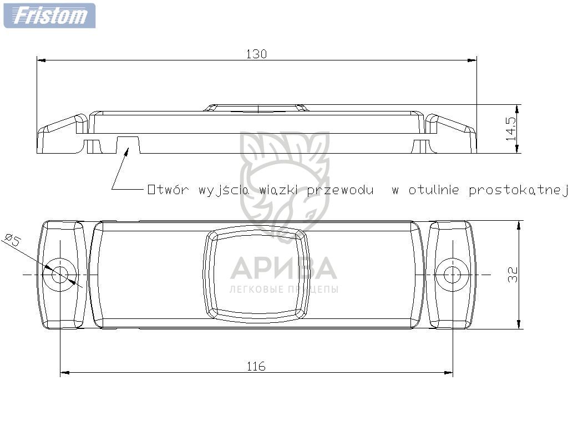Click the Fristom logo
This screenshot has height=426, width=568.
tap(49, 16)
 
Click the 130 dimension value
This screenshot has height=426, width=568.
tap(256, 54)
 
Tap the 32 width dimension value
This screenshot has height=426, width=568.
tap(513, 274)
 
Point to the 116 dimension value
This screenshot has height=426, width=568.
tap(256, 366)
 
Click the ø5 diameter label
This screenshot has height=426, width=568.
tap(13, 240)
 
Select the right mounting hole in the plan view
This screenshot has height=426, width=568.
tap(452, 275)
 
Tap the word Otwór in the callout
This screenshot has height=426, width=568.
tap(168, 190)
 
